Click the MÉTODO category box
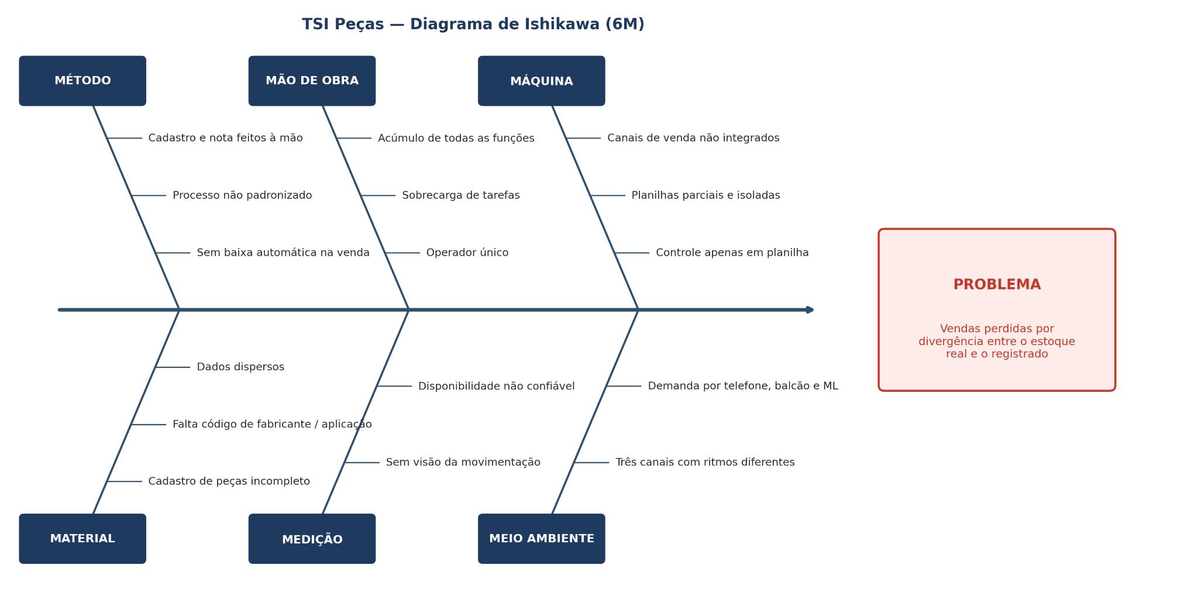tap(82, 81)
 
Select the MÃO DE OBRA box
tap(312, 81)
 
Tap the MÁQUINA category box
tap(542, 81)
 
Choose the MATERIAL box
tap(82, 539)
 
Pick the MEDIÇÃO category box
tap(312, 539)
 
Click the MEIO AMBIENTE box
tap(542, 539)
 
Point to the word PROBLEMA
tap(997, 285)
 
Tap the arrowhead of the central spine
tap(811, 310)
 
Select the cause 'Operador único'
tap(467, 253)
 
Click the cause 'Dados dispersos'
tap(240, 367)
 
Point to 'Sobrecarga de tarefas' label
tap(461, 195)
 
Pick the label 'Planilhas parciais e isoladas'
tap(705, 195)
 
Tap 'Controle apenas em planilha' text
tap(732, 253)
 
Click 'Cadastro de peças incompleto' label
tap(229, 481)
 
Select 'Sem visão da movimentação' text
tap(463, 463)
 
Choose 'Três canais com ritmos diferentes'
tap(705, 463)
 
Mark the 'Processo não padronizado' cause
tap(242, 195)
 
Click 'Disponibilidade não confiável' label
tap(497, 386)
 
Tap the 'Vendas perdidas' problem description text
tap(997, 342)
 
